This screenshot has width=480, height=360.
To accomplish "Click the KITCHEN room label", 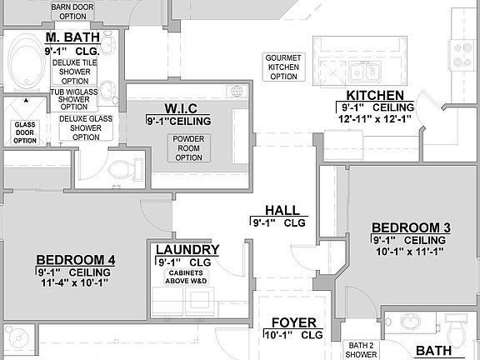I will (x=375, y=96).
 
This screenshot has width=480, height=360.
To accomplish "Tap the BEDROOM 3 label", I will (x=411, y=227).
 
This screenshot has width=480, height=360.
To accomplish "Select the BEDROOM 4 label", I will (x=76, y=259).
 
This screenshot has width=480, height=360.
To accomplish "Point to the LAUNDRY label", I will (x=187, y=250).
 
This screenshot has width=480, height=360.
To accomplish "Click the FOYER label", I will (x=293, y=322).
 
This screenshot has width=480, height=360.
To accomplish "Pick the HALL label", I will (x=282, y=211).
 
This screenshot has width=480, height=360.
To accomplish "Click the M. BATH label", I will (x=72, y=37).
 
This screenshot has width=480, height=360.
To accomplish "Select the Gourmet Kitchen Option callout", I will (x=283, y=67).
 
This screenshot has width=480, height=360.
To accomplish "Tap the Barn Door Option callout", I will (x=73, y=11).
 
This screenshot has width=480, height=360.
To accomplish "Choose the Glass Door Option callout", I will (x=24, y=132).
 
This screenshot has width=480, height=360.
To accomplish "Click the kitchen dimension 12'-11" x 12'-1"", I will (x=376, y=118).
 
